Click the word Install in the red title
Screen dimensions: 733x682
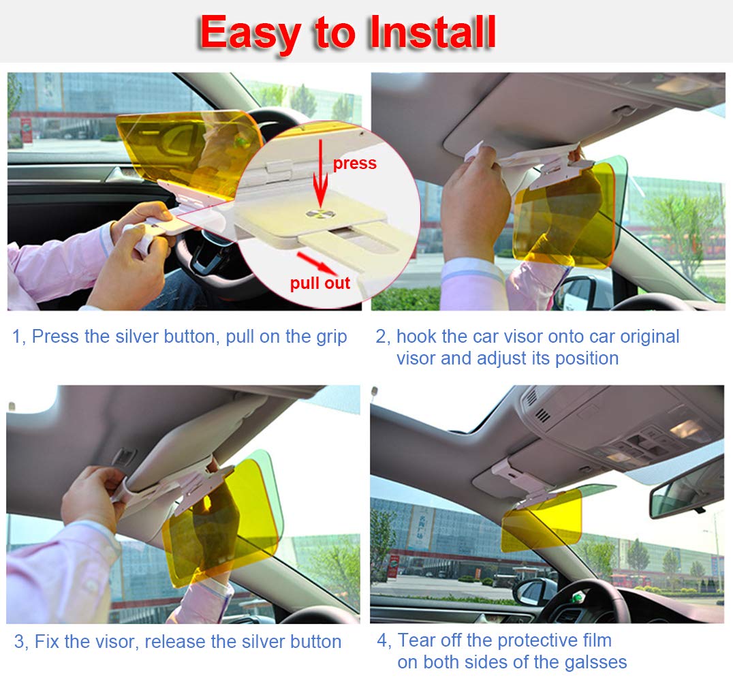pyautogui.click(x=432, y=32)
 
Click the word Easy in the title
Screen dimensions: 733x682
pyautogui.click(x=250, y=33)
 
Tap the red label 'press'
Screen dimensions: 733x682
pyautogui.click(x=354, y=164)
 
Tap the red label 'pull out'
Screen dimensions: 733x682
pyautogui.click(x=319, y=283)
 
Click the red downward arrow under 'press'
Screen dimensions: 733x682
pyautogui.click(x=320, y=173)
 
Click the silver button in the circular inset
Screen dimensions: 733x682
pyautogui.click(x=320, y=214)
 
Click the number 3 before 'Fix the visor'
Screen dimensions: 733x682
pyautogui.click(x=18, y=642)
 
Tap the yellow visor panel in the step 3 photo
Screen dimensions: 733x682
pyautogui.click(x=220, y=523)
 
